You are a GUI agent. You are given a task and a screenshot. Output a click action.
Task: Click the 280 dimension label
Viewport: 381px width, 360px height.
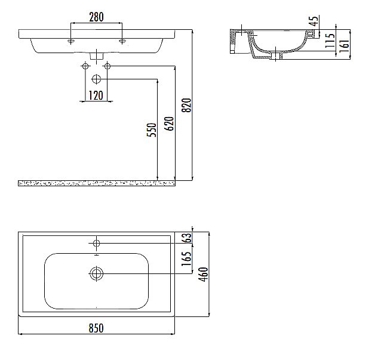[x=96, y=17]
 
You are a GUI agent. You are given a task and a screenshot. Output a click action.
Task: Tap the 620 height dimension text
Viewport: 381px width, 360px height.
[x=169, y=124]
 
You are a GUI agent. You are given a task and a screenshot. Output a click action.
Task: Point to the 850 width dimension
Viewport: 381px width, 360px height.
[x=96, y=328]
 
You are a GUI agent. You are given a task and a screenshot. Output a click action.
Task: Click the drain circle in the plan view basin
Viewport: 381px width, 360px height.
[x=96, y=273]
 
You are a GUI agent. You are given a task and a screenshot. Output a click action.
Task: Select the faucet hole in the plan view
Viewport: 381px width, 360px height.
[x=96, y=242]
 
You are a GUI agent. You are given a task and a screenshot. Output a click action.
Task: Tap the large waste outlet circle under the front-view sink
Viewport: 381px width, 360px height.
[x=96, y=78]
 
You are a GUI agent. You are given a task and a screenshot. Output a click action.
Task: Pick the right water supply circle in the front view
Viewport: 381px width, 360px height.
[x=108, y=66]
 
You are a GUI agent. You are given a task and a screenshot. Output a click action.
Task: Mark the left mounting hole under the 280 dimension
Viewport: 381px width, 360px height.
[x=71, y=41]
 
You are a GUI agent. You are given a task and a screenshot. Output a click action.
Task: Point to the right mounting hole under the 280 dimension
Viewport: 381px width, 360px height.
[x=122, y=41]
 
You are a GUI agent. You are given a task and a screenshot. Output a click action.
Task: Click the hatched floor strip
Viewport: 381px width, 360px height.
[x=96, y=182]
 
